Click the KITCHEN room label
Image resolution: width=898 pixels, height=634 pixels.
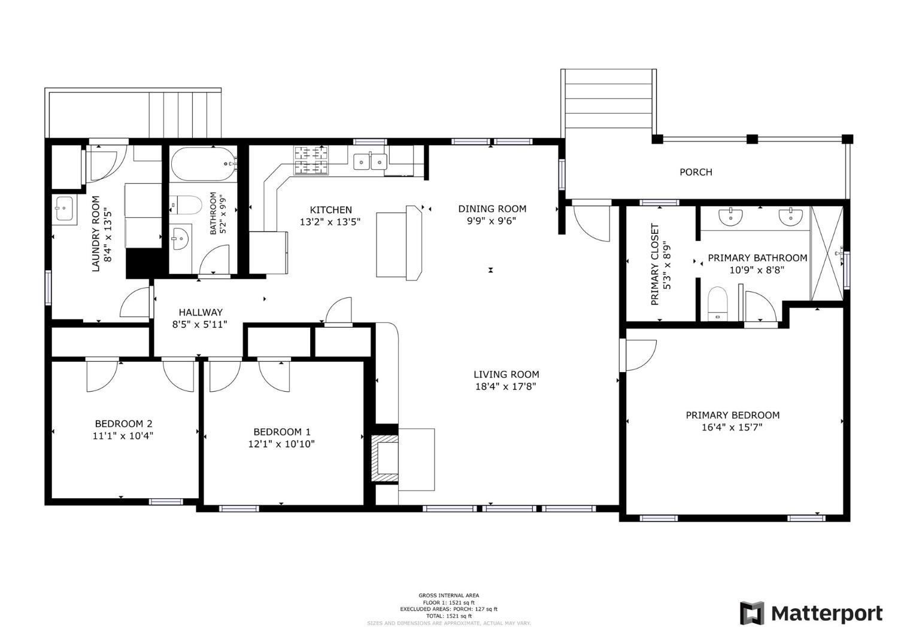tap(330, 210)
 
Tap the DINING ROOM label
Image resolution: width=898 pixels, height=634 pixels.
tap(492, 209)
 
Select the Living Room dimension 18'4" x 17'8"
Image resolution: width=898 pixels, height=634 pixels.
tap(506, 386)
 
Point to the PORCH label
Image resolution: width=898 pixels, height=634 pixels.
tap(696, 172)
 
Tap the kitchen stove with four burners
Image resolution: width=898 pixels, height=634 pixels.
tap(311, 160)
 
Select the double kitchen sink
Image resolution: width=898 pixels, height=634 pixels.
tap(370, 161)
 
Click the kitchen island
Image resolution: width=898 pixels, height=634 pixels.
tap(398, 242)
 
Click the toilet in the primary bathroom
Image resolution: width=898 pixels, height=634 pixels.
tap(717, 303)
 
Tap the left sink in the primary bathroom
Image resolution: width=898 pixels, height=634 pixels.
tap(732, 217)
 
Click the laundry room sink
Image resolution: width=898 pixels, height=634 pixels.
tap(63, 209)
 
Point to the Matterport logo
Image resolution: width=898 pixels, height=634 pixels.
tap(811, 613)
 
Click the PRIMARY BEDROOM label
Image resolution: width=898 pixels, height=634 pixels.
tap(732, 415)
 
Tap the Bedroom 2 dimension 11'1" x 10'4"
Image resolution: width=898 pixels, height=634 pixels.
tap(123, 436)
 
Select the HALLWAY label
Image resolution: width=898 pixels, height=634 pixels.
tap(201, 312)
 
